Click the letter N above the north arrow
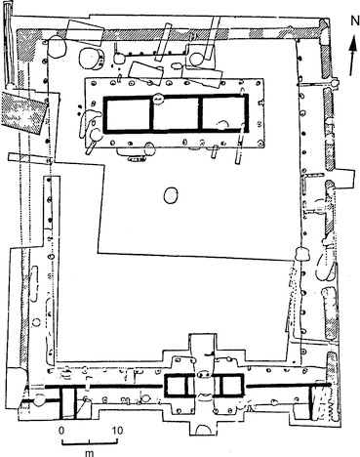coord(354,21)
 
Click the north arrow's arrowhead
coord(353,48)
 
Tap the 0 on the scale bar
coord(61,431)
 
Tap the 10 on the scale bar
coord(118,431)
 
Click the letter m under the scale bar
coord(89,453)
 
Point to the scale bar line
coord(90,442)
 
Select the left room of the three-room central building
coord(128,114)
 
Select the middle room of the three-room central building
coord(177,114)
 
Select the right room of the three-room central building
coord(224,114)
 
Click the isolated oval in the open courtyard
coord(171,195)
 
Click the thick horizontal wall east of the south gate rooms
coord(289,385)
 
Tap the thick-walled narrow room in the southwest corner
coord(68,401)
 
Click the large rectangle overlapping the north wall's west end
coord(85,33)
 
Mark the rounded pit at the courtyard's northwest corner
coord(57,47)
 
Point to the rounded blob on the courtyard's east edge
coord(302,254)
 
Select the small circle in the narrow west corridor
coord(37,322)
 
